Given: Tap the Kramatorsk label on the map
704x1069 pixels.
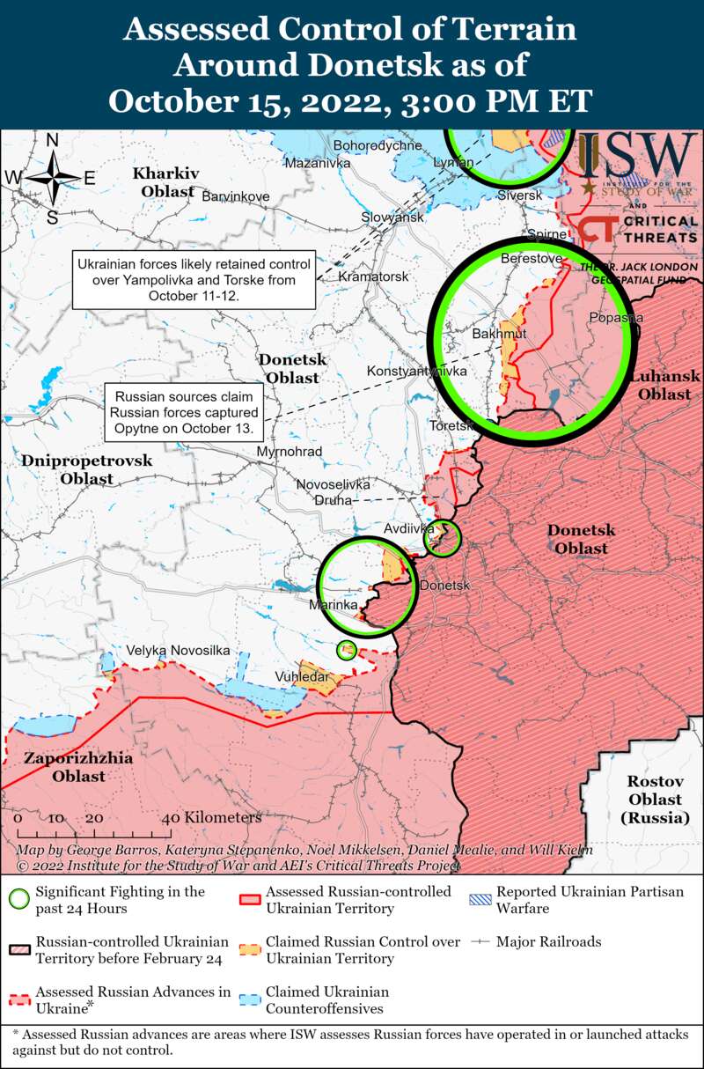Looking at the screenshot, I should [x=374, y=276].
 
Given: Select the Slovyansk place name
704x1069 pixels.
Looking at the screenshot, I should [x=392, y=217].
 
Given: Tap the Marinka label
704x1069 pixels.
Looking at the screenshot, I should [x=333, y=605].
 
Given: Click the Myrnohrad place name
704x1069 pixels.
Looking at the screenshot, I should [x=289, y=452].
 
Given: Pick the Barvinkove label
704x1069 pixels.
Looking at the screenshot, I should [x=236, y=195].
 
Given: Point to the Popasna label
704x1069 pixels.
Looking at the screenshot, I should [x=616, y=318].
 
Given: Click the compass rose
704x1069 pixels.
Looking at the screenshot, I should [x=53, y=178].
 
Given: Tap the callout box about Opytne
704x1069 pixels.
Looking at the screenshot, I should [x=184, y=411].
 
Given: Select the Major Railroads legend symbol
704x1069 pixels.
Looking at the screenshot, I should [x=480, y=942].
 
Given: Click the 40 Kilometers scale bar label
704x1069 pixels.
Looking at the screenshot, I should [x=216, y=817].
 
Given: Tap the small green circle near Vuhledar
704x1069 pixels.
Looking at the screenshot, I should [x=347, y=651].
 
